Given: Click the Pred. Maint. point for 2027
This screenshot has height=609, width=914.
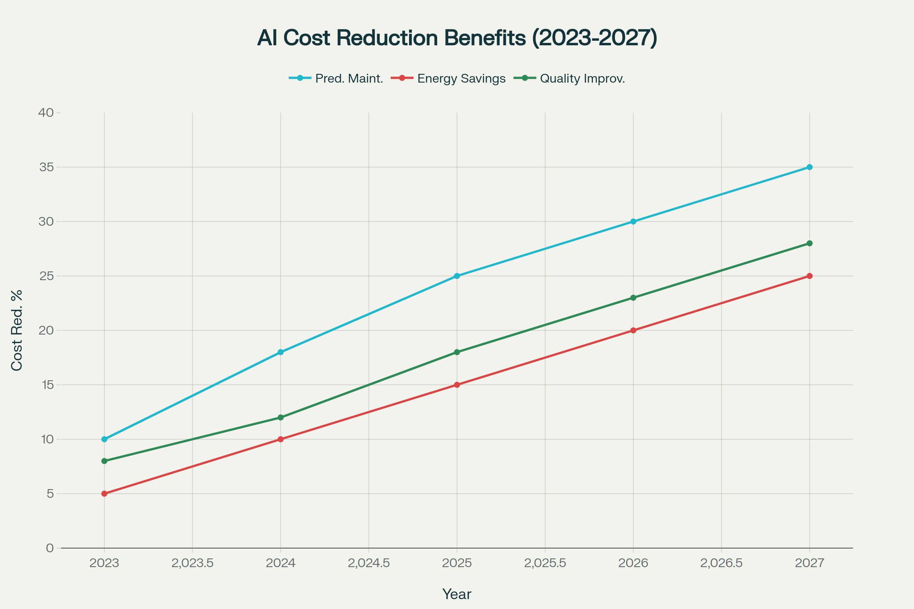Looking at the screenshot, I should [810, 167].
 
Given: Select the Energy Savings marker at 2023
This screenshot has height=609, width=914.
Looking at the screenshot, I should [104, 494].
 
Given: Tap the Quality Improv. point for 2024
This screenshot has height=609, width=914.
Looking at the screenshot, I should [281, 418].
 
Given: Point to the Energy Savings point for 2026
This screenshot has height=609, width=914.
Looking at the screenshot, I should [633, 330].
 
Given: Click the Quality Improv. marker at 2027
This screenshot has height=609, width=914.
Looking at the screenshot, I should [810, 243].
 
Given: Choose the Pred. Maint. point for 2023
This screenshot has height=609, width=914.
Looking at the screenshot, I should [104, 439].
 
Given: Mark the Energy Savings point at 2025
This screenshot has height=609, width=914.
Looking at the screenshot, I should [457, 385].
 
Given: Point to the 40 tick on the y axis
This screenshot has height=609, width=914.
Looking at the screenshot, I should [46, 113].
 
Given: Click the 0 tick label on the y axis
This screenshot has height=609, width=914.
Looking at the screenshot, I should [50, 548].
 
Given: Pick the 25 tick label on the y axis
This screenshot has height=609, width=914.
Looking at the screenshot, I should [46, 276].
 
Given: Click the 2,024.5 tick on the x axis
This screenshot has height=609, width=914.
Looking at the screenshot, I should [369, 563].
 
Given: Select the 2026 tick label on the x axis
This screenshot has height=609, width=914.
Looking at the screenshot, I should [633, 563].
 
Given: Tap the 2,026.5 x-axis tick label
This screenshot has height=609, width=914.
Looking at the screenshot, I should [721, 563].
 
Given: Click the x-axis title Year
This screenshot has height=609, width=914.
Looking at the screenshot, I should [457, 594].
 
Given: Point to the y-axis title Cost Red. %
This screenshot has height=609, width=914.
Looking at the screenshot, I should [17, 330].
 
